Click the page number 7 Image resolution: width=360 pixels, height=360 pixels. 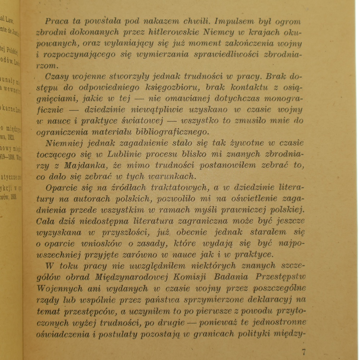pos(304,351)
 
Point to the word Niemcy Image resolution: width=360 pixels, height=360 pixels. pos(219,32)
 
